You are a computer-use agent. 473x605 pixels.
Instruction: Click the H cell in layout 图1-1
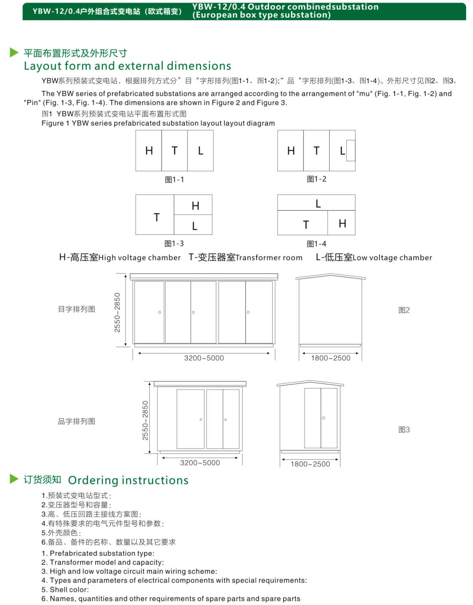[x=149, y=151]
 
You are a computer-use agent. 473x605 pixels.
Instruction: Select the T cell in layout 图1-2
[x=316, y=151]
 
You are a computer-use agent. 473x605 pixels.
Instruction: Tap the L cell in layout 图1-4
[x=316, y=203]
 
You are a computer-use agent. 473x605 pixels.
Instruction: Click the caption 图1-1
[x=174, y=180]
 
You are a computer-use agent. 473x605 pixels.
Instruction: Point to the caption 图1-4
[x=316, y=244]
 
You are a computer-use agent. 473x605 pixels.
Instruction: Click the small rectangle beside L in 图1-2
[x=351, y=150]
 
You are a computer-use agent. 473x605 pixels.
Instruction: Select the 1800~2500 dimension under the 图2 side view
[x=330, y=358]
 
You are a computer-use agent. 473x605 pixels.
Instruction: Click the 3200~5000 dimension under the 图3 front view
[x=200, y=463]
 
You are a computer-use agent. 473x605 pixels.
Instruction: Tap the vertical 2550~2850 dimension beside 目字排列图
[x=117, y=312]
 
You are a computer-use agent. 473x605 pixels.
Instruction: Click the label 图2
[x=404, y=310]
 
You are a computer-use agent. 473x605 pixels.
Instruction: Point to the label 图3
[x=404, y=429]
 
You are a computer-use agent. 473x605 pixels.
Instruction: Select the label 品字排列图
[x=76, y=421]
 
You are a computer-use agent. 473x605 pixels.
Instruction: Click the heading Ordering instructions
[x=128, y=480]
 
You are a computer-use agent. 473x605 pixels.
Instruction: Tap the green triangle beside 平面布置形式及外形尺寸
[x=14, y=53]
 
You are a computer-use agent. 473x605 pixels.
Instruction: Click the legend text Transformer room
[x=269, y=258]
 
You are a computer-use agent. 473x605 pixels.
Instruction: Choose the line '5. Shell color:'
[x=65, y=590]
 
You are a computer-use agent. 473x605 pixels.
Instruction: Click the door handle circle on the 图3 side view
[x=324, y=418]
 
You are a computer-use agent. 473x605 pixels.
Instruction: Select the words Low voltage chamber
[x=392, y=258]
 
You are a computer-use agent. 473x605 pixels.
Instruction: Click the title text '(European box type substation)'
[x=261, y=15]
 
